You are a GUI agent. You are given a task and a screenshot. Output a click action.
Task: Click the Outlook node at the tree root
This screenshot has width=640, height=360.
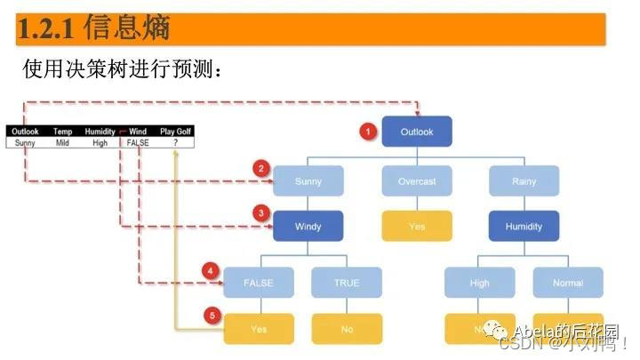click(x=417, y=132)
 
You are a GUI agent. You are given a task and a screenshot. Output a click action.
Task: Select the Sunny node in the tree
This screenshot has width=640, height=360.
click(x=308, y=181)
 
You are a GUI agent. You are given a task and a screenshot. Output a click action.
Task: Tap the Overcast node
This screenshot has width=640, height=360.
click(x=417, y=181)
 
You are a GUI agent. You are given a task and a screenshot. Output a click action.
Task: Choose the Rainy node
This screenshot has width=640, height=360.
click(x=524, y=181)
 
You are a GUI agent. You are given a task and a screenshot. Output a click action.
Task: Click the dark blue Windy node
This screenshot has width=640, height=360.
click(x=308, y=226)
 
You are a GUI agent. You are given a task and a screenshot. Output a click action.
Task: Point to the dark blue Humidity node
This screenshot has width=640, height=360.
click(x=524, y=226)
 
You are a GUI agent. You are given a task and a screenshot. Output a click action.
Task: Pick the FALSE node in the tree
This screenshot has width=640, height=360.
click(x=259, y=283)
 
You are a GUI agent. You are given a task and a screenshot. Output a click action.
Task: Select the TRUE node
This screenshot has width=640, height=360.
click(x=347, y=283)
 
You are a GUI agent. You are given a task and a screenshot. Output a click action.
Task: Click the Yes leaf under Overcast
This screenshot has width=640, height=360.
click(x=417, y=226)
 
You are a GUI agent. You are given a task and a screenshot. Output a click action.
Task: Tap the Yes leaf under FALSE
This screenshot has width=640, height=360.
click(x=259, y=329)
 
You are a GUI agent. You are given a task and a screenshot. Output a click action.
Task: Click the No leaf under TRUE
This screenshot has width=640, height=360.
click(x=347, y=329)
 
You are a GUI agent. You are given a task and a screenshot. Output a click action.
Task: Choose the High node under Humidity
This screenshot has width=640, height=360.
click(x=480, y=283)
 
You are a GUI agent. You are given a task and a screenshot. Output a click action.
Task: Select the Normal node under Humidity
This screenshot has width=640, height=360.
click(x=569, y=283)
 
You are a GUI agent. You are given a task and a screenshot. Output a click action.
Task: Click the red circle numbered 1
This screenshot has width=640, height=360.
click(x=366, y=132)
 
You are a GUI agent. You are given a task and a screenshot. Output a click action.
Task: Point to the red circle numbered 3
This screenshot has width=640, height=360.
click(x=260, y=213)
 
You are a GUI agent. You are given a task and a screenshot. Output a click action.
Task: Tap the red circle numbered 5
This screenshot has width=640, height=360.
click(x=211, y=315)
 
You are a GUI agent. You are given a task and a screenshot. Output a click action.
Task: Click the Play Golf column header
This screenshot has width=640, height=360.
click(x=175, y=132)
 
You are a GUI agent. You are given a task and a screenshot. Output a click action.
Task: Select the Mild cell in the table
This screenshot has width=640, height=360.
click(x=62, y=141)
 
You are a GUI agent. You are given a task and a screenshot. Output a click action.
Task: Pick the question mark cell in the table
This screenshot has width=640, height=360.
click(x=175, y=141)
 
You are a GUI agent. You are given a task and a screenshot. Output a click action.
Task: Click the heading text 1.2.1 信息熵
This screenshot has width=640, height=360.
click(x=93, y=28)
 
